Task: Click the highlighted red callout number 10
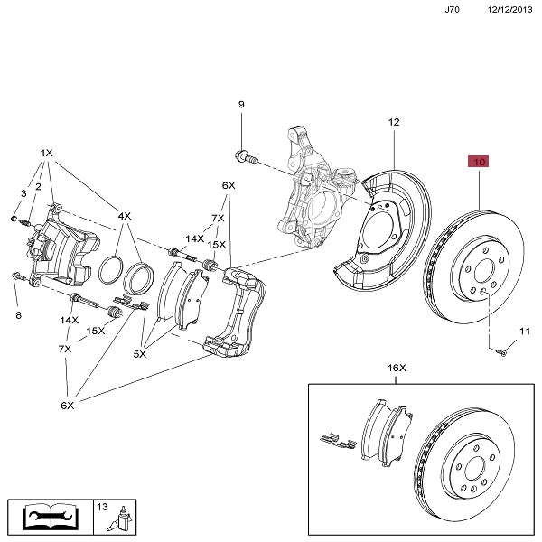coord(477,163)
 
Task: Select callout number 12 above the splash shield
coord(394,122)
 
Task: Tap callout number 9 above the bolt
coord(241,106)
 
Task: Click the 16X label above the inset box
coord(397,368)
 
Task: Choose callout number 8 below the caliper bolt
coord(17,315)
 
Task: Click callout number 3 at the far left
coord(23,194)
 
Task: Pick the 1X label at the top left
coord(47,154)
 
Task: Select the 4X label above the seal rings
coord(124,217)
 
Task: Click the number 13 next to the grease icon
coord(101,507)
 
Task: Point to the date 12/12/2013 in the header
coord(510,9)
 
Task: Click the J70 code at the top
coord(453,9)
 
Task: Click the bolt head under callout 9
coord(241,160)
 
